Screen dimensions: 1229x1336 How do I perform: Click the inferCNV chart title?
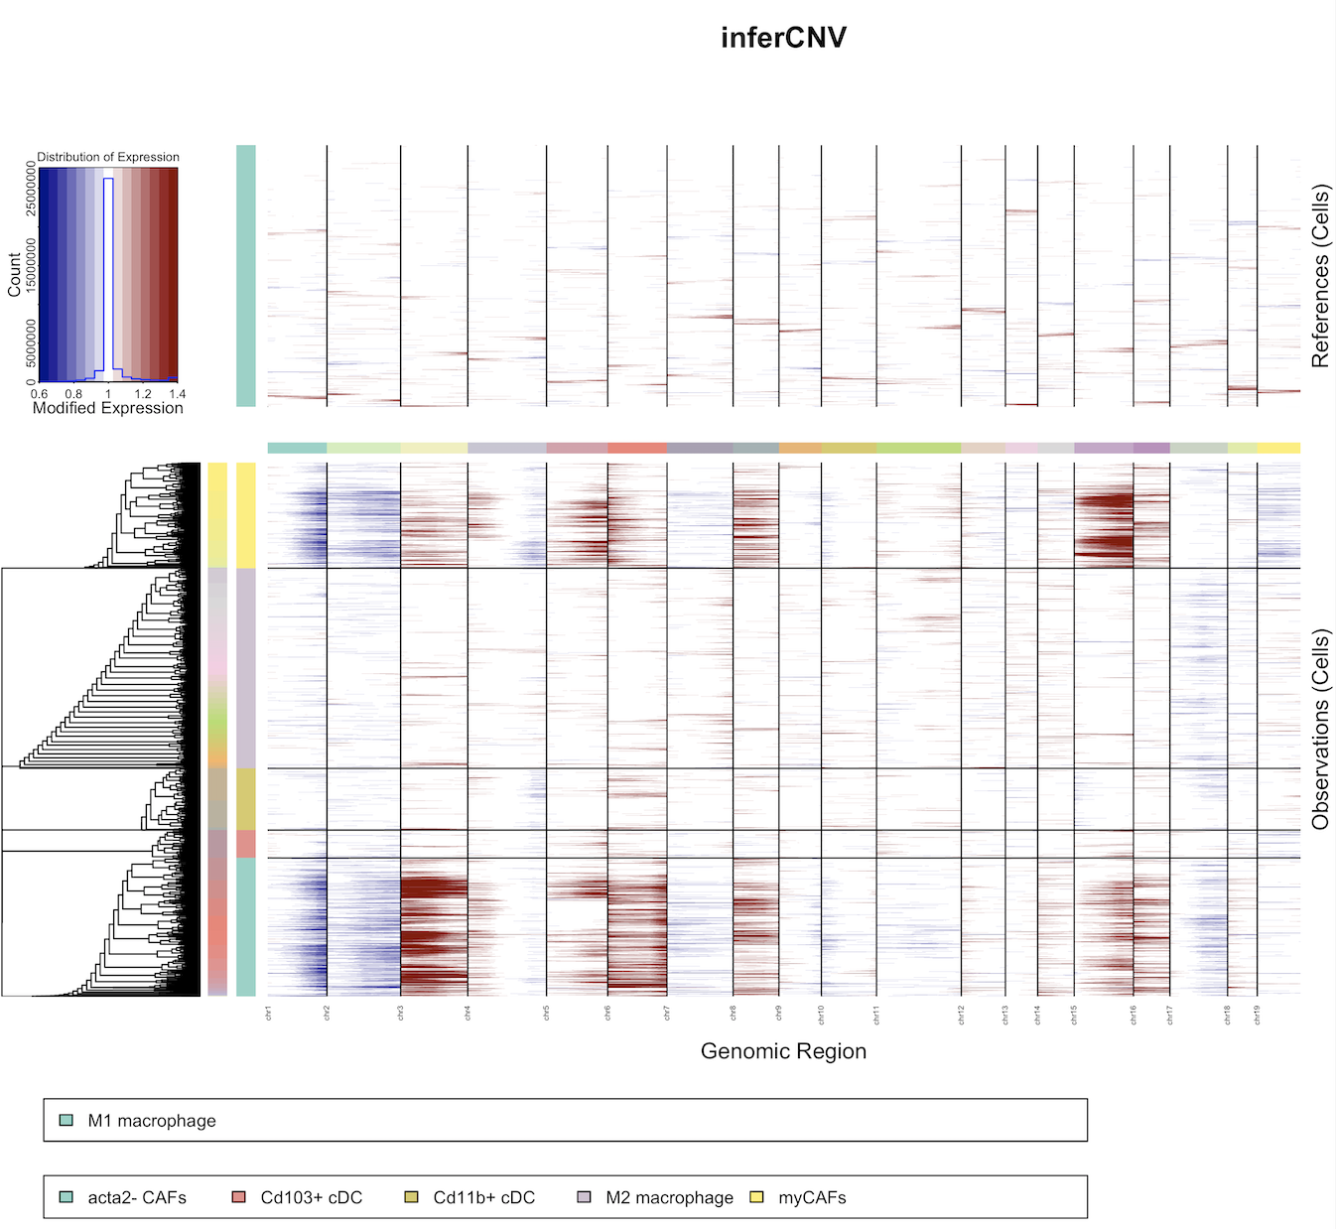783,38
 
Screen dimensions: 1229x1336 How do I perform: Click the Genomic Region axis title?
783,1051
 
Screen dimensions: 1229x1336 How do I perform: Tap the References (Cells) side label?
1320,276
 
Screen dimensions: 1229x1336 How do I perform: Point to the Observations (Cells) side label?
1320,730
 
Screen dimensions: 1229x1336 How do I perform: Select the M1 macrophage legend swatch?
67,1120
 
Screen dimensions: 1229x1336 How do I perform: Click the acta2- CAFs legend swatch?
67,1197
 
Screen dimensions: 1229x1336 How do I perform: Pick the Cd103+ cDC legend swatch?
238,1197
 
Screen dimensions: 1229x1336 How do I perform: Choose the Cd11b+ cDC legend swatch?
411,1197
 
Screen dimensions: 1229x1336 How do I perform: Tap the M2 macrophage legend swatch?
584,1197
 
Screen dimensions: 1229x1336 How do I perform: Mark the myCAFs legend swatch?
756,1197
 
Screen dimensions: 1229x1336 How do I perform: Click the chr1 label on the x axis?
268,1013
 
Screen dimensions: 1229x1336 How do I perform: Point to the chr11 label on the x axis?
876,1014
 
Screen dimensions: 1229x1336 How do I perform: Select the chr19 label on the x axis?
1258,1014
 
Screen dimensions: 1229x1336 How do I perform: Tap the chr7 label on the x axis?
667,1013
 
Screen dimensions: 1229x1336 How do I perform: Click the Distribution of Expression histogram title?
108,157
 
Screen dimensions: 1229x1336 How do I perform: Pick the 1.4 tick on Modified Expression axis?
177,394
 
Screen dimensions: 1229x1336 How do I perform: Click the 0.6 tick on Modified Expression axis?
40,394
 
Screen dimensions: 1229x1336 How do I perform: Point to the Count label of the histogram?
14,275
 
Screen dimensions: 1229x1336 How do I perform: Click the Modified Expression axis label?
108,408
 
